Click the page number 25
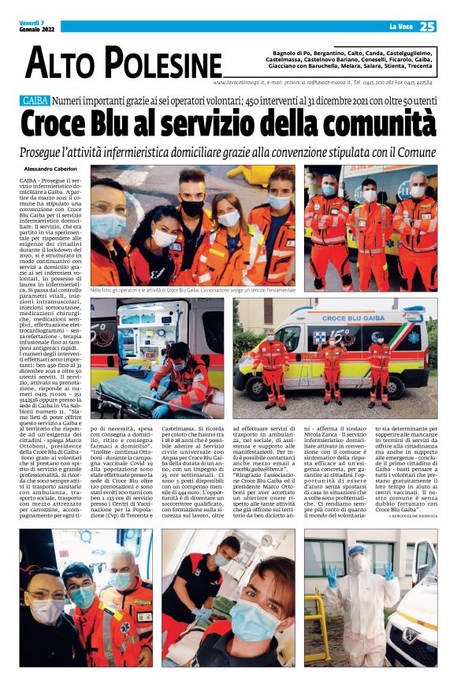click(x=426, y=27)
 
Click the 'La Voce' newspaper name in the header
click(x=400, y=28)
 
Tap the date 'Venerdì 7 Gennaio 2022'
click(x=35, y=27)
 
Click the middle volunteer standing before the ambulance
click(x=331, y=366)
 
